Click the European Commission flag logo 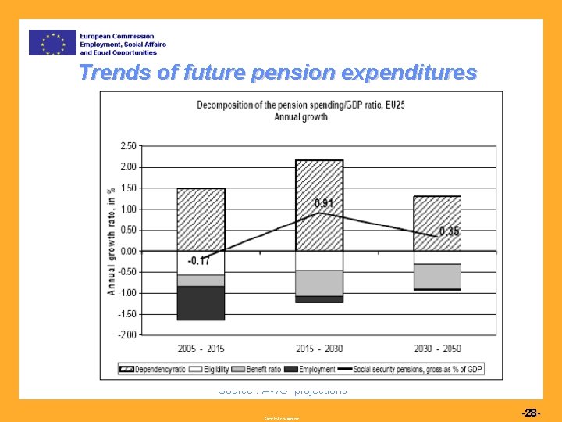(x=52, y=42)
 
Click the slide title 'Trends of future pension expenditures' (x=277, y=73)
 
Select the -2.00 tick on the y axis (x=126, y=334)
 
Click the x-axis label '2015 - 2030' (x=319, y=349)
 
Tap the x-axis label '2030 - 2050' (x=437, y=349)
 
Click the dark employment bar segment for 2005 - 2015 (x=201, y=302)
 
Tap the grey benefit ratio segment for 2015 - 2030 (x=319, y=283)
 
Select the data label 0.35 (x=450, y=231)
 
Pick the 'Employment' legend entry (x=313, y=368)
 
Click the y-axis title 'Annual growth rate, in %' (x=112, y=240)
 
